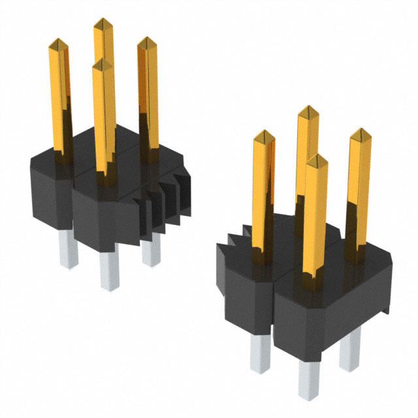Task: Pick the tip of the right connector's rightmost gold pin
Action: click(x=360, y=134)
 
